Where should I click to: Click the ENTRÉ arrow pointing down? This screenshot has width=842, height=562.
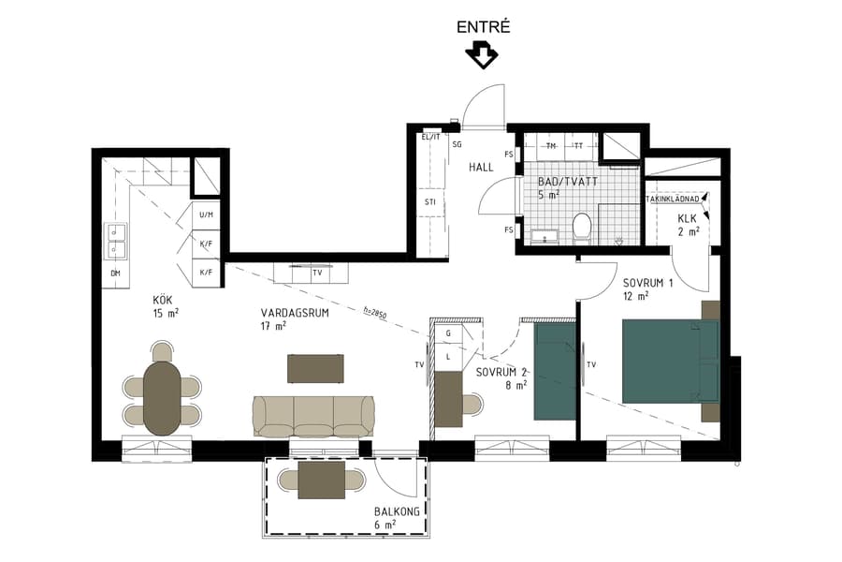click(x=482, y=55)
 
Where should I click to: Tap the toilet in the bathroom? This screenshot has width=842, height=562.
click(x=582, y=226)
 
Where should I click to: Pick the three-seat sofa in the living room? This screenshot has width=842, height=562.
click(x=313, y=415)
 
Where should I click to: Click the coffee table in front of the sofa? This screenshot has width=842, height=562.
click(x=315, y=368)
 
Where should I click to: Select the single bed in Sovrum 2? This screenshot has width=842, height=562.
click(x=554, y=370)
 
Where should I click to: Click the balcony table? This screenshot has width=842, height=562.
click(x=322, y=480)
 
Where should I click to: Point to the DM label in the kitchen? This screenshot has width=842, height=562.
click(x=115, y=273)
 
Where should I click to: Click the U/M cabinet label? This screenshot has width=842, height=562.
click(x=206, y=215)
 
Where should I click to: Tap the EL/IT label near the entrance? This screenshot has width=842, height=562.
click(x=430, y=137)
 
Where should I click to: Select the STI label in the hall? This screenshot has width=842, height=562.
click(x=429, y=201)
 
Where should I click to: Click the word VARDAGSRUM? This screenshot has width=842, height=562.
click(x=295, y=314)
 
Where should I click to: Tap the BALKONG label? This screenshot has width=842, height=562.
click(x=390, y=511)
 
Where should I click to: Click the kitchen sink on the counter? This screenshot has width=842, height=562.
click(x=116, y=241)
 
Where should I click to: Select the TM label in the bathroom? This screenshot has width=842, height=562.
click(x=551, y=146)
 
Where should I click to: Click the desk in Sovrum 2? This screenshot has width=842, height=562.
click(x=450, y=398)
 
